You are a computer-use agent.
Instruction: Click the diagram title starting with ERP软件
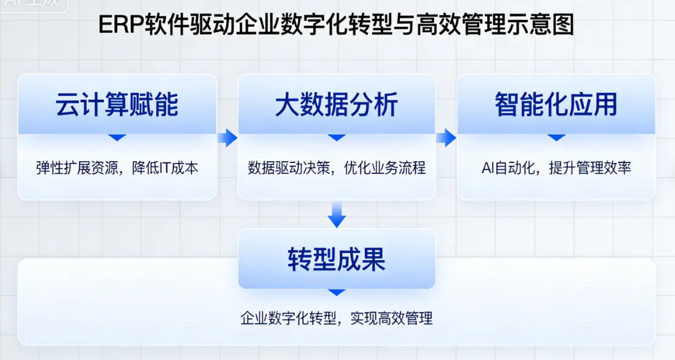(336, 26)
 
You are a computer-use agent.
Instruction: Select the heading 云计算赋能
(117, 105)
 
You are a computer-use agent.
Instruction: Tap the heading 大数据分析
(336, 105)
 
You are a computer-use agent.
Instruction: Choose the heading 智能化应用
(556, 105)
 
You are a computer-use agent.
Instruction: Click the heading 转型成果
(336, 260)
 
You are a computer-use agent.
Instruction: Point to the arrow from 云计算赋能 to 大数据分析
(227, 138)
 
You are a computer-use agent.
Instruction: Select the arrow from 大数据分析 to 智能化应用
(446, 138)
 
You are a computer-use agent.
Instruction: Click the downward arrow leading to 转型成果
(336, 215)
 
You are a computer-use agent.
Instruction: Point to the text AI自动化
(503, 168)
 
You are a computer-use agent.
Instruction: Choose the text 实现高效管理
(392, 318)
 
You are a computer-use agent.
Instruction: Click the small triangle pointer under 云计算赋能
(117, 137)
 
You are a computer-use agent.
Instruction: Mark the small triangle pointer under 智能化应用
(556, 137)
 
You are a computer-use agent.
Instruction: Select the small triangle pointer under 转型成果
(336, 292)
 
